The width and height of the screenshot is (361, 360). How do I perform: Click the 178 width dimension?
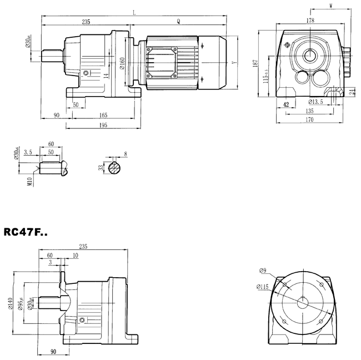pos(310,21)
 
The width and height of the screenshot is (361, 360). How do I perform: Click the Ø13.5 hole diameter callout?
pos(315,102)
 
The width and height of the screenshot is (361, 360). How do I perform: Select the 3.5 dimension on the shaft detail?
pos(28,151)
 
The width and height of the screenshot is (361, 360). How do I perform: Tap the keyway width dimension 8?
pos(126,154)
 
